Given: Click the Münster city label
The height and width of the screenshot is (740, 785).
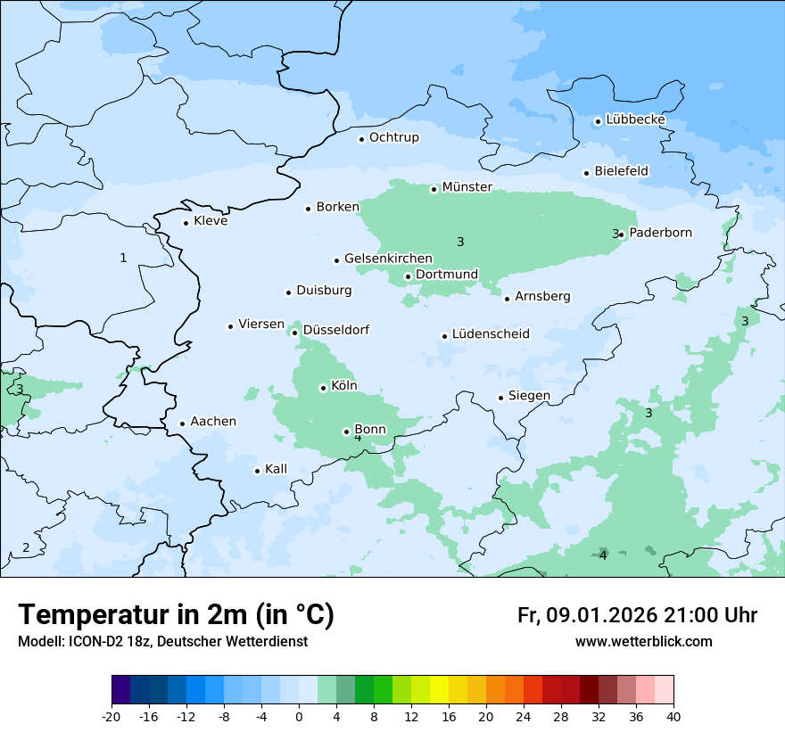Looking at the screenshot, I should coord(467,187).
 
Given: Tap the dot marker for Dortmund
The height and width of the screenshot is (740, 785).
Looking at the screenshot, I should coord(408,276).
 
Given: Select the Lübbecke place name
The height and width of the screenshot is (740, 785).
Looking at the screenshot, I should coord(635,119).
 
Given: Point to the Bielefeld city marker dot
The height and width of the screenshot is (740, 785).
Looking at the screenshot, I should coord(586,173).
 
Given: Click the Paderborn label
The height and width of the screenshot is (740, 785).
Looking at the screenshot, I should coord(660,233).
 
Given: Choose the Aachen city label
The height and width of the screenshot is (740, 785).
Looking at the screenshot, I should coord(213,422).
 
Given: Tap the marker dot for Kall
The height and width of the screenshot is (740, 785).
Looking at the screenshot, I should coord(257,471).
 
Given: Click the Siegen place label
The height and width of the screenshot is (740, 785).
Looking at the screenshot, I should coord(529,396).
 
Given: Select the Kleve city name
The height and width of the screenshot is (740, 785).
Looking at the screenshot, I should coord(211,221).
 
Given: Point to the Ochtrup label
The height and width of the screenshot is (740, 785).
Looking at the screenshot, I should coord(393,137).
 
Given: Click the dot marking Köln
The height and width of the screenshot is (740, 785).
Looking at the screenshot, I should coord(323,388).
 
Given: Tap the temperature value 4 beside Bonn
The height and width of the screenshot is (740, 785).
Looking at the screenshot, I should coord(358,438).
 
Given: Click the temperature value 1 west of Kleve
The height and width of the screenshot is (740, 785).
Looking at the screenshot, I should coord(123,258).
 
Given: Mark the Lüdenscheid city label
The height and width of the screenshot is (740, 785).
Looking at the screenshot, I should coord(491,334).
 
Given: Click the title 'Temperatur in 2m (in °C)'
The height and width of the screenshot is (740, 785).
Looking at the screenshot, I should coord(177,615).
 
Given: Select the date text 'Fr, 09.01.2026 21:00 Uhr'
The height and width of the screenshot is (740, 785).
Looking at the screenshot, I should coord(637,615).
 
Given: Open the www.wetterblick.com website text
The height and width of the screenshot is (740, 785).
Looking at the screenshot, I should coord(643,642).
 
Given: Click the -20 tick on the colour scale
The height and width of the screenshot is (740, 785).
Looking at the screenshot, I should coord(112,717).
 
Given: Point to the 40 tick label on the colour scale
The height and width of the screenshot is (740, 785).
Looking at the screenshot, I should coord(673,717).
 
